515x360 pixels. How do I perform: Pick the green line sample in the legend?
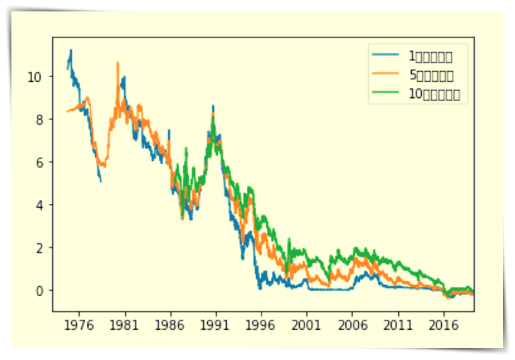387,94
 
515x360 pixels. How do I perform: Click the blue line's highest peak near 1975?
71,50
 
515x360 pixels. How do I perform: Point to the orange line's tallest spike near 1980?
118,62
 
